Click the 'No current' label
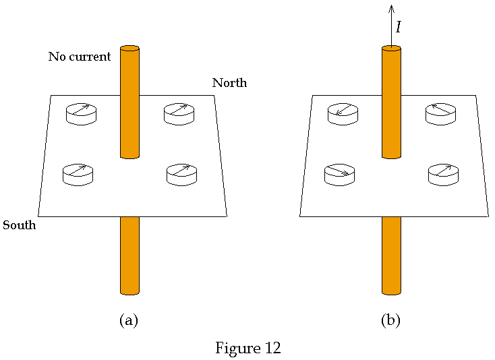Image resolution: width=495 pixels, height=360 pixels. (79, 57)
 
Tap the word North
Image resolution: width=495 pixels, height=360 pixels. (229, 83)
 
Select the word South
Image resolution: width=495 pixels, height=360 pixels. (19, 224)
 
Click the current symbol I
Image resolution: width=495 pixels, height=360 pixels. (399, 27)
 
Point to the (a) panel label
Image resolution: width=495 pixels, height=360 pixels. (128, 320)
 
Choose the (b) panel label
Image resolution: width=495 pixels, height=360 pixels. (390, 320)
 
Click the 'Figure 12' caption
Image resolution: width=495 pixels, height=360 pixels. (247, 348)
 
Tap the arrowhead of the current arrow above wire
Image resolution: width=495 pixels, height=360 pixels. (391, 8)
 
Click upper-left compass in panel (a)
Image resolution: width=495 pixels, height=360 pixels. (81, 113)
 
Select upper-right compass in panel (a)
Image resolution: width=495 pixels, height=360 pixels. (179, 113)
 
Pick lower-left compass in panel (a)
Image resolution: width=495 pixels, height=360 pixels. (78, 174)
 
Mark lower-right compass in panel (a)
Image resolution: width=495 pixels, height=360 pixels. (181, 174)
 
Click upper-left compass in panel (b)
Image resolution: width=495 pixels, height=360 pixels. (343, 113)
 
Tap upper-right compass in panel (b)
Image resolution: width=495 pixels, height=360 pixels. (440, 113)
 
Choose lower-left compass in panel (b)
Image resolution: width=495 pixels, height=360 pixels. (339, 174)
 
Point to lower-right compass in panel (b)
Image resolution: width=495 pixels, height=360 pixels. (443, 174)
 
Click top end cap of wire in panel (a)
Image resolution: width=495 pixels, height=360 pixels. (129, 49)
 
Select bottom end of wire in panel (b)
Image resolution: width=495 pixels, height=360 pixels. (391, 292)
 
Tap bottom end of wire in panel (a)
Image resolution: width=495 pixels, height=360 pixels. (129, 292)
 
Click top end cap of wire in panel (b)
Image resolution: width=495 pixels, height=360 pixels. (391, 49)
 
